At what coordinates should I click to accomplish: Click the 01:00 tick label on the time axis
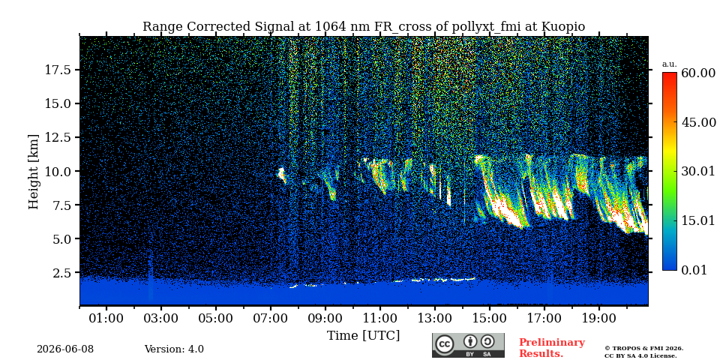[106, 318]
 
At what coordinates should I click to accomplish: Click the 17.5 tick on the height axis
[58, 70]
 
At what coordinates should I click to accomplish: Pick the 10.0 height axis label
[58, 171]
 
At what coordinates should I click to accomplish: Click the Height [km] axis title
[34, 171]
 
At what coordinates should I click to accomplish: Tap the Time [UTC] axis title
[363, 336]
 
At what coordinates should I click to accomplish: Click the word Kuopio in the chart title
[563, 27]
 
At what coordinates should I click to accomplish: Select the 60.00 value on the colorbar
[698, 73]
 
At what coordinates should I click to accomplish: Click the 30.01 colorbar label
[698, 172]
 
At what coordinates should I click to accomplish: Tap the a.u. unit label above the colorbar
[669, 64]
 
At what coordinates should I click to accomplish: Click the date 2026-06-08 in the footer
[65, 349]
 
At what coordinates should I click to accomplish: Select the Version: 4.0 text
[174, 349]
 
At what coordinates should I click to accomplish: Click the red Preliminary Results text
[552, 348]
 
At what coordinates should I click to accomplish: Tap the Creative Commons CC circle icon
[445, 344]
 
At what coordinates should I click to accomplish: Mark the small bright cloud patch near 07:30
[281, 175]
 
